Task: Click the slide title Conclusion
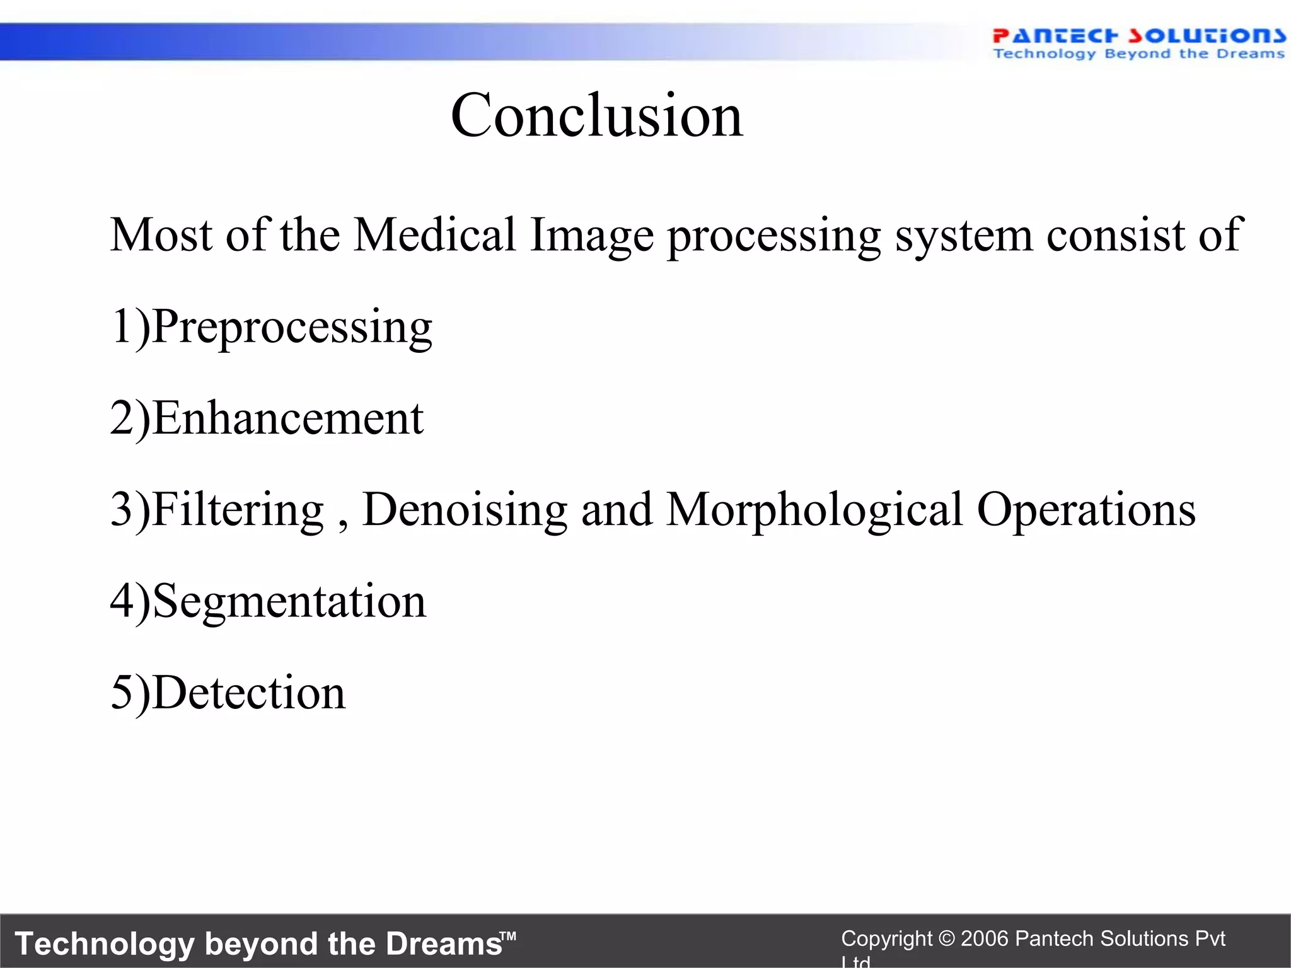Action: click(x=596, y=115)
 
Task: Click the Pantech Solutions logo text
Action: click(x=1138, y=35)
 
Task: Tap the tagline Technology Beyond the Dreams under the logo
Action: click(x=1138, y=54)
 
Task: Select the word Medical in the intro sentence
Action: click(x=435, y=235)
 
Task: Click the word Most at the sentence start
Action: click(x=161, y=235)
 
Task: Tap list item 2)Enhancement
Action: click(x=267, y=418)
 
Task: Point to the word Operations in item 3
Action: click(x=1085, y=509)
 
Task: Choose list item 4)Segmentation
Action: click(x=268, y=602)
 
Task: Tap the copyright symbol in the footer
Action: click(x=946, y=939)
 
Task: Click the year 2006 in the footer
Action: click(x=985, y=939)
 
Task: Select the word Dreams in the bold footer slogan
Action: click(x=443, y=944)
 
